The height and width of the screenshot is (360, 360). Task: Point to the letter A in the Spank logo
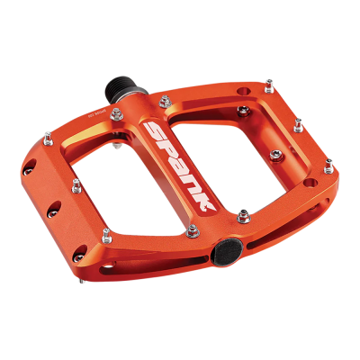(x=176, y=164)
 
